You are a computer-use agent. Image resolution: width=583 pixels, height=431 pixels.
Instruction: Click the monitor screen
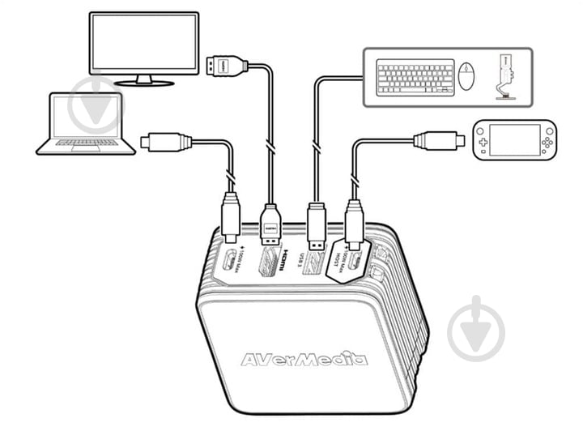click(x=143, y=42)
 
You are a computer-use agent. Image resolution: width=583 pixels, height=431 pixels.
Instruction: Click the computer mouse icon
click(x=467, y=77)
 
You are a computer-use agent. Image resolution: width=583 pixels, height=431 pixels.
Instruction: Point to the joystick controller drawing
click(x=504, y=77)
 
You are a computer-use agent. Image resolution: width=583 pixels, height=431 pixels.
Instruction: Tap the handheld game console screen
click(x=514, y=141)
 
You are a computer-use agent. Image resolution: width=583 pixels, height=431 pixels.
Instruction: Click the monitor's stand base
click(x=143, y=81)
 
